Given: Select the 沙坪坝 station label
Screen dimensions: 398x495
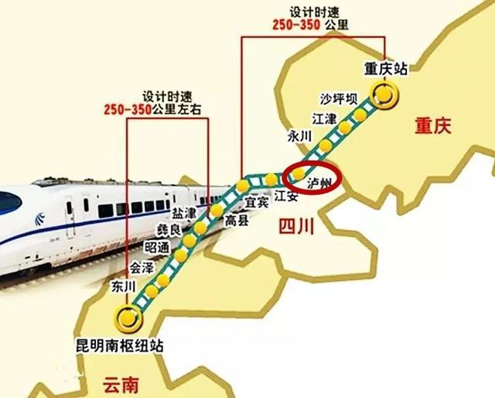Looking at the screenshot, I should click(x=338, y=101).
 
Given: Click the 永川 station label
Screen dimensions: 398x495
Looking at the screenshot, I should click(x=299, y=136).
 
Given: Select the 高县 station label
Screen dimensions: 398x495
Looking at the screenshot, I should click(x=235, y=221).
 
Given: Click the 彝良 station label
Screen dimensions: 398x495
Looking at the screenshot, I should click(x=169, y=231).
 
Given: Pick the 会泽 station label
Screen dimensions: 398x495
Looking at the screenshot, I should click(x=142, y=268).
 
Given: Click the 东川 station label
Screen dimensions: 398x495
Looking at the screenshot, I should click(x=124, y=287).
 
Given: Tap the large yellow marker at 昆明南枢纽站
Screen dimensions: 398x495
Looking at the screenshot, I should click(x=128, y=316).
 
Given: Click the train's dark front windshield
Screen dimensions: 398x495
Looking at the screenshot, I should click(x=8, y=203).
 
